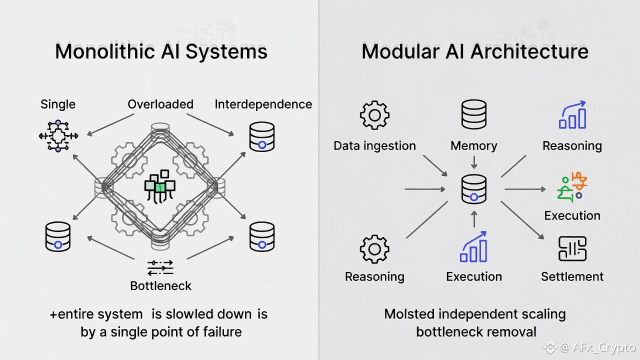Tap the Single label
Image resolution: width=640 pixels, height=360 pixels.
58,104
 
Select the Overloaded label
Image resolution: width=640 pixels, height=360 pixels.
160,104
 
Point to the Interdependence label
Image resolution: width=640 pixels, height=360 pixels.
263,104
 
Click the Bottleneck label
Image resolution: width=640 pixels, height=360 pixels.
160,286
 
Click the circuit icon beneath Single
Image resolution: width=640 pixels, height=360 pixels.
58,135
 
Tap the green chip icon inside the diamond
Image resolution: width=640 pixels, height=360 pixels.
160,186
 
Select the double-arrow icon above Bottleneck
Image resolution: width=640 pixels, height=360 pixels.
160,267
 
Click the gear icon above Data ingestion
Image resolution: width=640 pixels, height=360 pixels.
374,115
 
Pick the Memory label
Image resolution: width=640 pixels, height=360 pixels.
474,146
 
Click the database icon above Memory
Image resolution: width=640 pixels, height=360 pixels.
474,114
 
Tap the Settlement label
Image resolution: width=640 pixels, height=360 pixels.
572,276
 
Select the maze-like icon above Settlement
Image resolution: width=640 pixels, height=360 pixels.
572,248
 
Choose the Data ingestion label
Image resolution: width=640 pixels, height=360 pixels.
374,146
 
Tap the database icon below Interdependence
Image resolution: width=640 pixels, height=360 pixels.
261,136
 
